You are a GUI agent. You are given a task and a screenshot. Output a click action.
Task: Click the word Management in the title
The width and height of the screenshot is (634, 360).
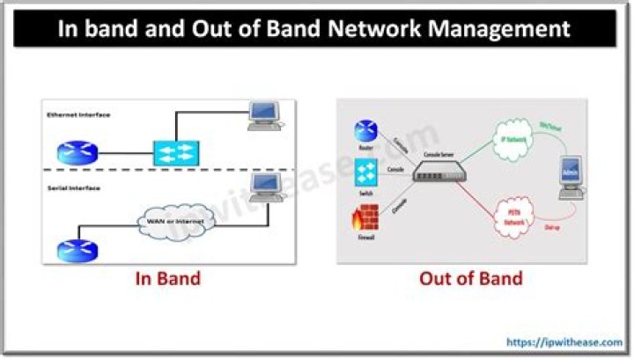coord(498,29)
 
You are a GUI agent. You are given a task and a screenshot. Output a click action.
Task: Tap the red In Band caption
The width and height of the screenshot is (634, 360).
coord(167,279)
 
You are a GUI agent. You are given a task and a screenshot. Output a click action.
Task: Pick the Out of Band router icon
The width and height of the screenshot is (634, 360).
coord(365,131)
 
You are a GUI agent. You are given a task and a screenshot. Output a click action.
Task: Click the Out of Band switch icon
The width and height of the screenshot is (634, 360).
coord(365,171)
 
